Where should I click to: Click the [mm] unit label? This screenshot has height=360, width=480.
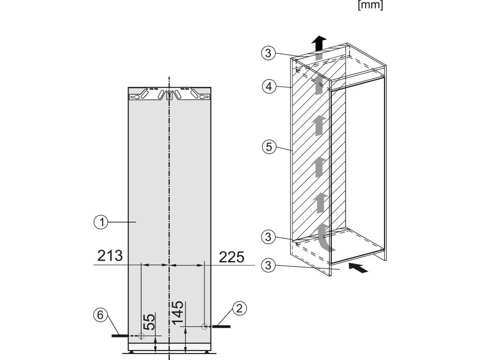370,6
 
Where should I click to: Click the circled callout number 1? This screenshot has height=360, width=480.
100,223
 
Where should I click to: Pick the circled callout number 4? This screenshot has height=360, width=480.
267,86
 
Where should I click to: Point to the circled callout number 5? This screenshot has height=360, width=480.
267,147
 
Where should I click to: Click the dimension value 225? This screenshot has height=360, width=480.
232,257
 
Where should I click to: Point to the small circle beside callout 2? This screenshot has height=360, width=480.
204,326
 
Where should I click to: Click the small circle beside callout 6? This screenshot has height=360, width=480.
141,336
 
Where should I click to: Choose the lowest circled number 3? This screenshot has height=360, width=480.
267,266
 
